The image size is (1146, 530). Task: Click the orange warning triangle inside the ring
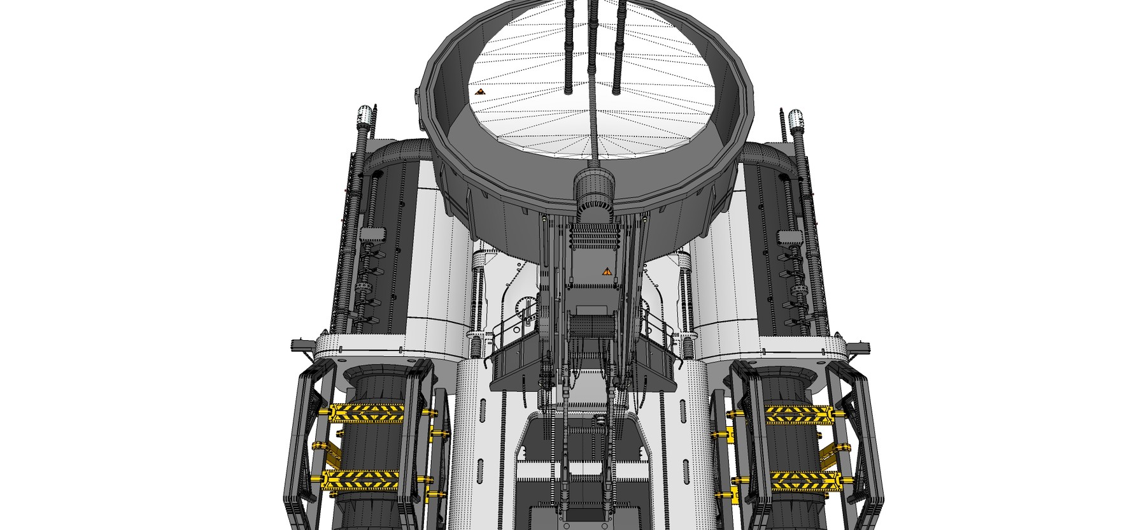click(481, 92)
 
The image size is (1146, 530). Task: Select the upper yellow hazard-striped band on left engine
click(366, 413)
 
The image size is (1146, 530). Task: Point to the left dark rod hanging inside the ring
click(569, 45)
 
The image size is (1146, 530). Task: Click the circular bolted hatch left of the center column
click(526, 308)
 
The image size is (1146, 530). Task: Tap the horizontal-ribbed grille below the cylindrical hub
click(593, 241)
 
